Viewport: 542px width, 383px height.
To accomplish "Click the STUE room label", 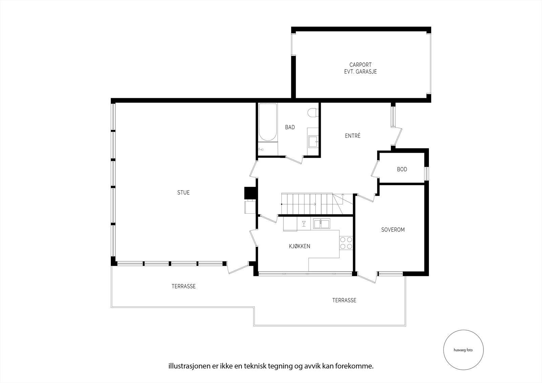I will (183, 193).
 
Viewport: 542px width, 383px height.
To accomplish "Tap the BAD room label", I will (290, 127).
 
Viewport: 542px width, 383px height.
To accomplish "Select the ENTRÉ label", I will (353, 136).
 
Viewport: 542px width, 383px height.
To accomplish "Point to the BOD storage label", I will (402, 169).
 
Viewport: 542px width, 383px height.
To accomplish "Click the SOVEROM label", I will (393, 230).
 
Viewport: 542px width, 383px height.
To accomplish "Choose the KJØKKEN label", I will (299, 246).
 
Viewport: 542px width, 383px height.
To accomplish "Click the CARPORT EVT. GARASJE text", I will (360, 68).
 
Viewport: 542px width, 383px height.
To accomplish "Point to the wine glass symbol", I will (304, 223).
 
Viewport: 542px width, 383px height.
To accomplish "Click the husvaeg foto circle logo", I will (463, 350).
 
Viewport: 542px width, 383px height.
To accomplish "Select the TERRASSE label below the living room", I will (183, 286).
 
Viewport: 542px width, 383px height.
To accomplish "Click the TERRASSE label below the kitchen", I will (344, 300).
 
